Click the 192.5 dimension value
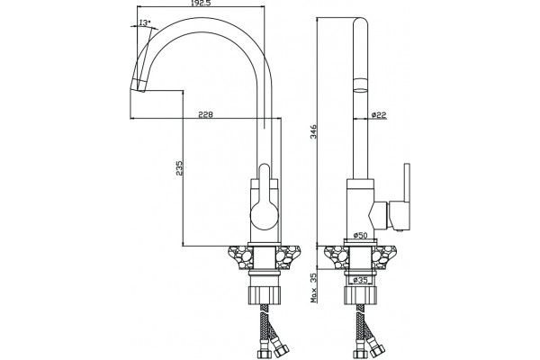(201, 3)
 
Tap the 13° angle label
(145, 22)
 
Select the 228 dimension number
(205, 114)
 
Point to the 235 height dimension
(179, 167)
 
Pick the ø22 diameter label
(379, 115)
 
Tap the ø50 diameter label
(361, 235)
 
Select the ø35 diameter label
(361, 280)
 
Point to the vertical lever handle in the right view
(407, 183)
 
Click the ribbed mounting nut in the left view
(264, 295)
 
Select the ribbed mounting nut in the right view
(361, 295)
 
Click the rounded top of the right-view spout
(361, 22)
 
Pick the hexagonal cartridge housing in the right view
(379, 216)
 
